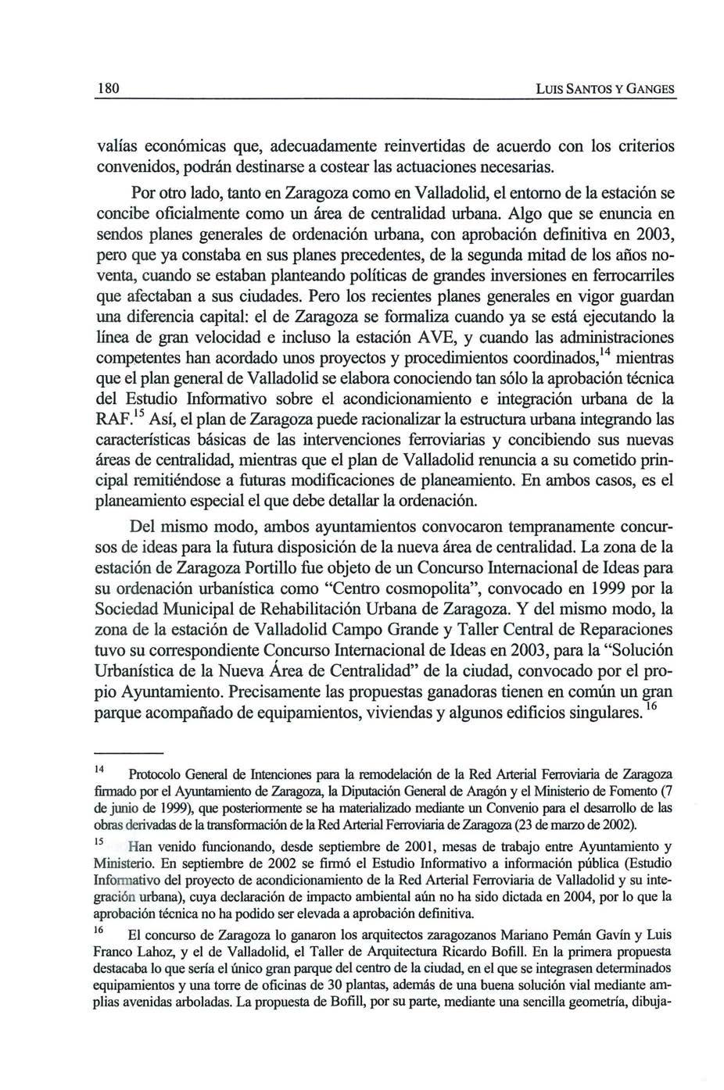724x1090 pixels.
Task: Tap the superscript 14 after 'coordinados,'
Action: [605, 353]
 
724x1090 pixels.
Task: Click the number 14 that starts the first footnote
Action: [99, 770]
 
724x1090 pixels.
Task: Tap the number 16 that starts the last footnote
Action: [99, 931]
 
